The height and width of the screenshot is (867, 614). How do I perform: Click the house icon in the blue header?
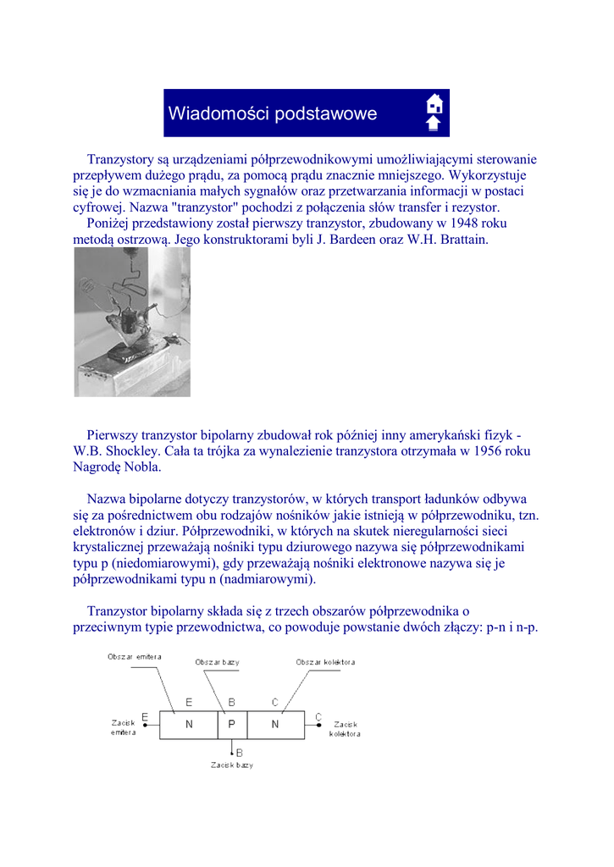pyautogui.click(x=434, y=104)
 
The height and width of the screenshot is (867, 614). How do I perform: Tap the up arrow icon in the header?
pyautogui.click(x=434, y=124)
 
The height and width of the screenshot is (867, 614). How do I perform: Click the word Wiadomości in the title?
pyautogui.click(x=219, y=113)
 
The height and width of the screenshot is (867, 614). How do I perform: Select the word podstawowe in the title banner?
pyautogui.click(x=326, y=114)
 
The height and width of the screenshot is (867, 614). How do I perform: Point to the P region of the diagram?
pyautogui.click(x=231, y=724)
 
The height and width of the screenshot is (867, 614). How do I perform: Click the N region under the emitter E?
pyautogui.click(x=189, y=724)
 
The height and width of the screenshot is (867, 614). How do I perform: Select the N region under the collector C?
pyautogui.click(x=274, y=724)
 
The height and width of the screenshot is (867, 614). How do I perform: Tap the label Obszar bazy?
pyautogui.click(x=217, y=662)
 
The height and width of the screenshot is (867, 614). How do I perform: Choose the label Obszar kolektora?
pyautogui.click(x=325, y=662)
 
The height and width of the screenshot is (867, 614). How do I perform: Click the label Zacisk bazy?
pyautogui.click(x=232, y=765)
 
